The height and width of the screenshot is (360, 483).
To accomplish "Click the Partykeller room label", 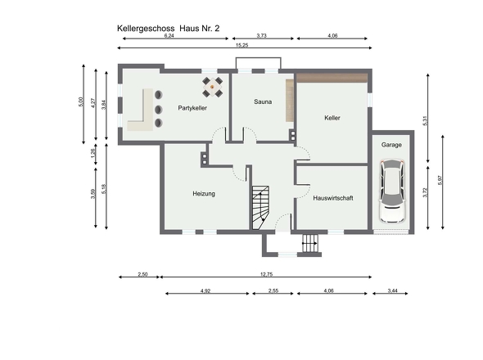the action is click(192, 108).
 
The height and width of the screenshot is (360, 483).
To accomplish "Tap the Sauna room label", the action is click(263, 101).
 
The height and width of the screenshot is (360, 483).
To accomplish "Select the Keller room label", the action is click(332, 118).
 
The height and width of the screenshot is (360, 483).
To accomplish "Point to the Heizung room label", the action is click(204, 194).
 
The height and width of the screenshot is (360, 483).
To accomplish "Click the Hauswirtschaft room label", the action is click(333, 198).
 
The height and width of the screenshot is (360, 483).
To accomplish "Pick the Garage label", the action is click(391, 145).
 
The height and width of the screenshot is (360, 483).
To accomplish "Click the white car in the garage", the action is click(391, 191).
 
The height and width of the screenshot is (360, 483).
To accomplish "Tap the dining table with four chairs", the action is click(212, 88).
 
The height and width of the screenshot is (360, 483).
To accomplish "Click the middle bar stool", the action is click(158, 109).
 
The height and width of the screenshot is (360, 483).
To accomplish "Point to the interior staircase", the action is click(260, 208).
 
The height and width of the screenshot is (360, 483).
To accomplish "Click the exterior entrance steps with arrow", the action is click(309, 243).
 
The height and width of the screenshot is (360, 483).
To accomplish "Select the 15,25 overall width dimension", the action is click(241, 45).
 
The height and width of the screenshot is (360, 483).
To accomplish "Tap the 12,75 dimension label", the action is click(266, 274).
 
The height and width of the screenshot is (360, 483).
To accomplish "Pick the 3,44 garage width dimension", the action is click(392, 290).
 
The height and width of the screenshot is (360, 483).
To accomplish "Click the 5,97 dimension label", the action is click(440, 180).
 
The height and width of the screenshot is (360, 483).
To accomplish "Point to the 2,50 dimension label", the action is click(142, 274).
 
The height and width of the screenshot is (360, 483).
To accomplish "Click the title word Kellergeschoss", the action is click(146, 29).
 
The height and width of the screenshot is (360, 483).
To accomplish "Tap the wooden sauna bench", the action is click(290, 101).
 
